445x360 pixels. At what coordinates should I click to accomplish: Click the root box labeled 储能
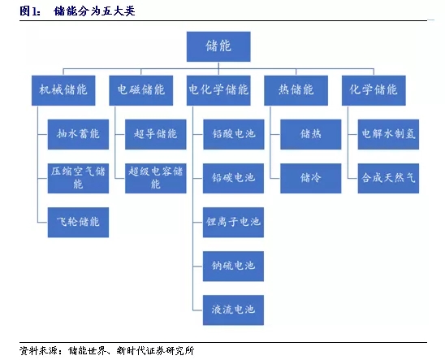tap(218, 46)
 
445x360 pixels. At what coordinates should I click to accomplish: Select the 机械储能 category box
tap(63, 90)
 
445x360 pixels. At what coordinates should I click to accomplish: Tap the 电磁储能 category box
tap(141, 90)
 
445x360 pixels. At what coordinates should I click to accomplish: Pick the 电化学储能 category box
tap(218, 90)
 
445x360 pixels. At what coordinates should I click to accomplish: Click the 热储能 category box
tap(296, 90)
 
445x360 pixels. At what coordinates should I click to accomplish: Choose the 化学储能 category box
tap(374, 90)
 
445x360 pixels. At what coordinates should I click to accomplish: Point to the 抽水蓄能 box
tap(78, 134)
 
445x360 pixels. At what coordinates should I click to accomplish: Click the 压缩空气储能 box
tap(78, 178)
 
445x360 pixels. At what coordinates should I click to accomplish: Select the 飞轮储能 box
tap(78, 223)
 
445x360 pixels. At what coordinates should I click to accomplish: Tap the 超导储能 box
tap(156, 134)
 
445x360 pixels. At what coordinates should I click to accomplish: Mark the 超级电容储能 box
tap(156, 178)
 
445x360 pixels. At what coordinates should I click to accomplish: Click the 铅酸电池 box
tap(234, 134)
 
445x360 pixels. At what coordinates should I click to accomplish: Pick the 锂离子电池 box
tap(233, 223)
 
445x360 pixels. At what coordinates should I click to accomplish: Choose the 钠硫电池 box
tap(233, 267)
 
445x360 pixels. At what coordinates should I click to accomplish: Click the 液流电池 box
tap(233, 310)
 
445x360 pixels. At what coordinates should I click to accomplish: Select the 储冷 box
tap(311, 178)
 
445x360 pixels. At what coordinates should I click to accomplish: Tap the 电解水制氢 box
tap(388, 134)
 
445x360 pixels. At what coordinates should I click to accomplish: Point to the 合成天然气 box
tap(388, 178)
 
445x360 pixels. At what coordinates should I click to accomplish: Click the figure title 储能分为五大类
tap(94, 11)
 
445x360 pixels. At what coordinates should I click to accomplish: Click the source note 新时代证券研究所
tap(156, 350)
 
